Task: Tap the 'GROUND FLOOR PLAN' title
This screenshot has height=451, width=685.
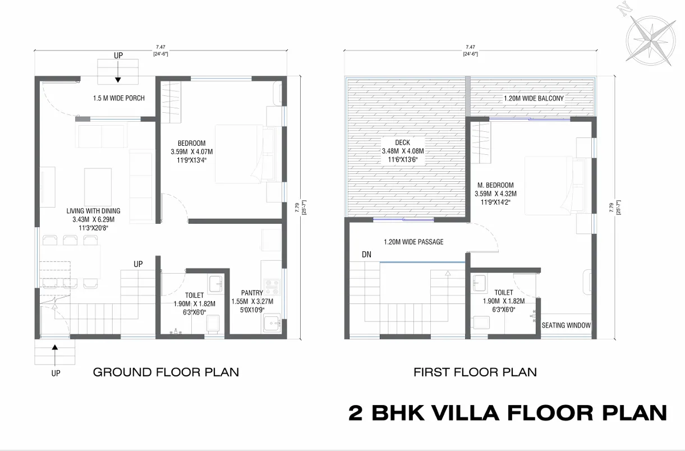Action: pyautogui.click(x=166, y=372)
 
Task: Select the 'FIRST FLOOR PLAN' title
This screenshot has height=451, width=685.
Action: pyautogui.click(x=475, y=372)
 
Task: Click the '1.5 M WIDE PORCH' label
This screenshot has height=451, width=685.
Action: pyautogui.click(x=118, y=98)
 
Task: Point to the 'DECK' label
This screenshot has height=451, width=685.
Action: pyautogui.click(x=402, y=142)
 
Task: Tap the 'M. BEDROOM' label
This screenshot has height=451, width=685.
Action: pyautogui.click(x=495, y=185)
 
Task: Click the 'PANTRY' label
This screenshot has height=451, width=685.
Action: pyautogui.click(x=252, y=293)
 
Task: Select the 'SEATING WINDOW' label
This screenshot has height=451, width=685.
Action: pyautogui.click(x=566, y=325)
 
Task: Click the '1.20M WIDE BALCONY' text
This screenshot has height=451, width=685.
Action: pyautogui.click(x=534, y=99)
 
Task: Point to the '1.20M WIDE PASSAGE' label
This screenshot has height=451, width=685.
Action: pyautogui.click(x=413, y=242)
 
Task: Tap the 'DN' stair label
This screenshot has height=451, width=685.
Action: pyautogui.click(x=366, y=255)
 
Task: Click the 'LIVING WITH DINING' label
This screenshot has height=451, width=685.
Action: pyautogui.click(x=93, y=211)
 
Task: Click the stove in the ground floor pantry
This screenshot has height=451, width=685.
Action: pyautogui.click(x=272, y=287)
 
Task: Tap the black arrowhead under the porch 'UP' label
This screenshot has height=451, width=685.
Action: pyautogui.click(x=118, y=80)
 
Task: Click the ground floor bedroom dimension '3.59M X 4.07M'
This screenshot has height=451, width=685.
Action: pyautogui.click(x=192, y=151)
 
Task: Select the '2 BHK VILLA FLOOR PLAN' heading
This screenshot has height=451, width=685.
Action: pyautogui.click(x=508, y=413)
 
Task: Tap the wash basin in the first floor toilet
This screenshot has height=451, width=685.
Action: pyautogui.click(x=479, y=283)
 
